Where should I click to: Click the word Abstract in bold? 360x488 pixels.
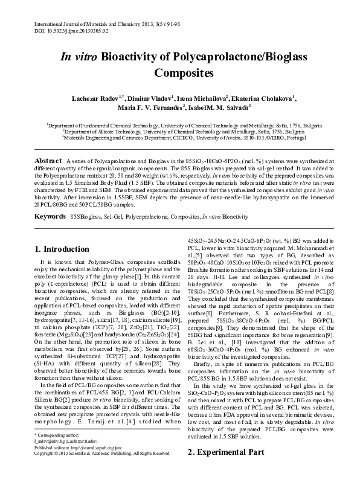48,159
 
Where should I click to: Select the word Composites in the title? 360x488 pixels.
181,74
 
